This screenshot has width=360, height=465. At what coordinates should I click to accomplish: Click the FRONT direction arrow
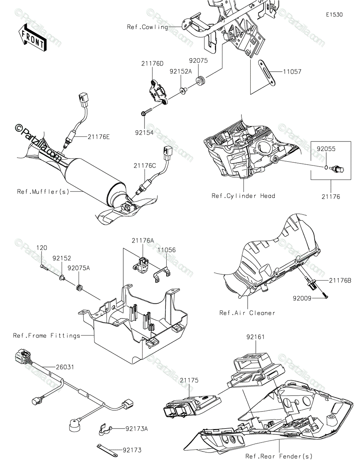pos(32,38)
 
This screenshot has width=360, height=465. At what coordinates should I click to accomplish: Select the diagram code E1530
pos(334,15)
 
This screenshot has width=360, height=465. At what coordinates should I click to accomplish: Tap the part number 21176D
pos(152,64)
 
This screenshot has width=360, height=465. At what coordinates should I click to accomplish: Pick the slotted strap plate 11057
pos(267,73)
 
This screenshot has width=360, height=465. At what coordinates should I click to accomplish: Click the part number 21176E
pos(98,137)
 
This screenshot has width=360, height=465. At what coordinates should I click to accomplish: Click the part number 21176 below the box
pos(331,197)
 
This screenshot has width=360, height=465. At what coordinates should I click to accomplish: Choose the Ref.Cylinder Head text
pos(243,196)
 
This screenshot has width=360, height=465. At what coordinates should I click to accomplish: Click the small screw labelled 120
pos(44,267)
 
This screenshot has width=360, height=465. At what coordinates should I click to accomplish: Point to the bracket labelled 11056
pos(162,275)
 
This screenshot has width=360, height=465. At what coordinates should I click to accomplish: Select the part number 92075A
pos(79,268)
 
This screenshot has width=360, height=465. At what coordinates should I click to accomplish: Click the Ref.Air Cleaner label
pos(247,313)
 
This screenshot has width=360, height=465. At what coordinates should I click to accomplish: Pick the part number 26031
pos(65,367)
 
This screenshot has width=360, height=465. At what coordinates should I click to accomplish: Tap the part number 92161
pos(255,337)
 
